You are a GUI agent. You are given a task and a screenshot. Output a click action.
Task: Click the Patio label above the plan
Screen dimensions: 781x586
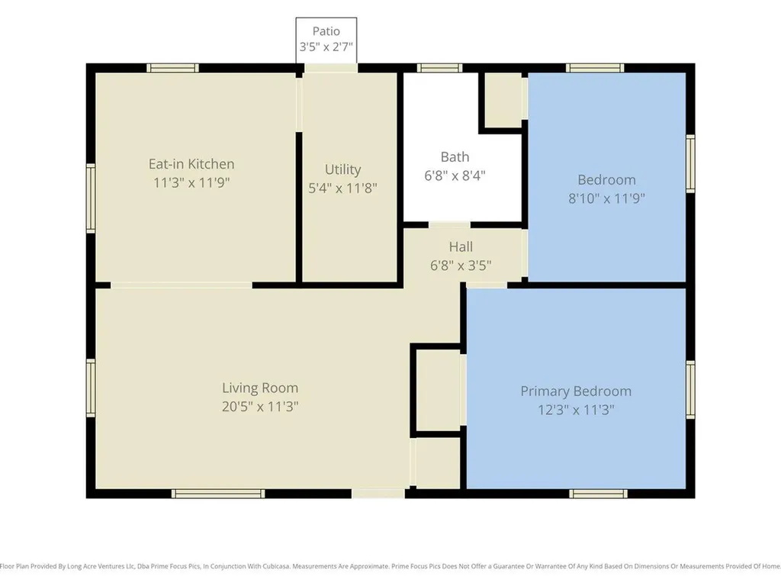pyautogui.click(x=326, y=31)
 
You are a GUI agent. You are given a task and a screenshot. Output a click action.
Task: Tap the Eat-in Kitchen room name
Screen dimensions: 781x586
pyautogui.click(x=191, y=164)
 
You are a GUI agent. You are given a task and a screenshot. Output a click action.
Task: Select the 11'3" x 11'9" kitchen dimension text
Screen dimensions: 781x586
pyautogui.click(x=191, y=182)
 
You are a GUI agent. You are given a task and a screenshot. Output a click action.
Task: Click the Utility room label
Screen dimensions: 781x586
pyautogui.click(x=342, y=169)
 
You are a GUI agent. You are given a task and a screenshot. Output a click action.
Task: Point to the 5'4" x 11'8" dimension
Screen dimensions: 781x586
pyautogui.click(x=342, y=188)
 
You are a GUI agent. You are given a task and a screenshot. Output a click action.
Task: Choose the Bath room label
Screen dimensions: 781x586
pyautogui.click(x=455, y=157)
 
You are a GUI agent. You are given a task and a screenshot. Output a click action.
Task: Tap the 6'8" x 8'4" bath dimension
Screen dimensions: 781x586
pyautogui.click(x=455, y=175)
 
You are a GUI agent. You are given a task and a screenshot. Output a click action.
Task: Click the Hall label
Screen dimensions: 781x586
pyautogui.click(x=461, y=246)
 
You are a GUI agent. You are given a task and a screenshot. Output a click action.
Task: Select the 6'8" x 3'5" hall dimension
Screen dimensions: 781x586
pyautogui.click(x=461, y=265)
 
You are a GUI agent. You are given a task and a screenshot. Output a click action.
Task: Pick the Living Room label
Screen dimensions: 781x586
pyautogui.click(x=260, y=388)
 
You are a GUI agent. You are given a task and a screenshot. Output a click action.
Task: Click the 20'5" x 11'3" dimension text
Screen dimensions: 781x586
pyautogui.click(x=260, y=406)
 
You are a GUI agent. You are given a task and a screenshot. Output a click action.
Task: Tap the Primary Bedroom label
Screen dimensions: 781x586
pyautogui.click(x=576, y=391)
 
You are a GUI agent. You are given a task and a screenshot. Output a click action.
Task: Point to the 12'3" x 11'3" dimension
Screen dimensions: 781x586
pyautogui.click(x=576, y=410)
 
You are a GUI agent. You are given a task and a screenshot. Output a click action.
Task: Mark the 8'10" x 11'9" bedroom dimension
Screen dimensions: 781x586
pyautogui.click(x=606, y=198)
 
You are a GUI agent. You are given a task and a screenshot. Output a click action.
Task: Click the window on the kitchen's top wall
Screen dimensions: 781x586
pyautogui.click(x=172, y=68)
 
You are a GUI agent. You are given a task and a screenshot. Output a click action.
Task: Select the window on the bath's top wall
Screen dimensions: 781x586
pyautogui.click(x=439, y=68)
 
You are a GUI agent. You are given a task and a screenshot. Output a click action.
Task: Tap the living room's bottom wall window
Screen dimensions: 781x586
pyautogui.click(x=218, y=494)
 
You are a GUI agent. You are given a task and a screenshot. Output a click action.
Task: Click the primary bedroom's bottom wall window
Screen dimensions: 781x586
pyautogui.click(x=598, y=494)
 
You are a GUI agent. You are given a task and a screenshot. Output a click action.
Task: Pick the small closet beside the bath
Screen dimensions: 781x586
pyautogui.click(x=503, y=100)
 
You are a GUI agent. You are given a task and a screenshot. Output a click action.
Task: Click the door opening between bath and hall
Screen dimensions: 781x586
pyautogui.click(x=449, y=225)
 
